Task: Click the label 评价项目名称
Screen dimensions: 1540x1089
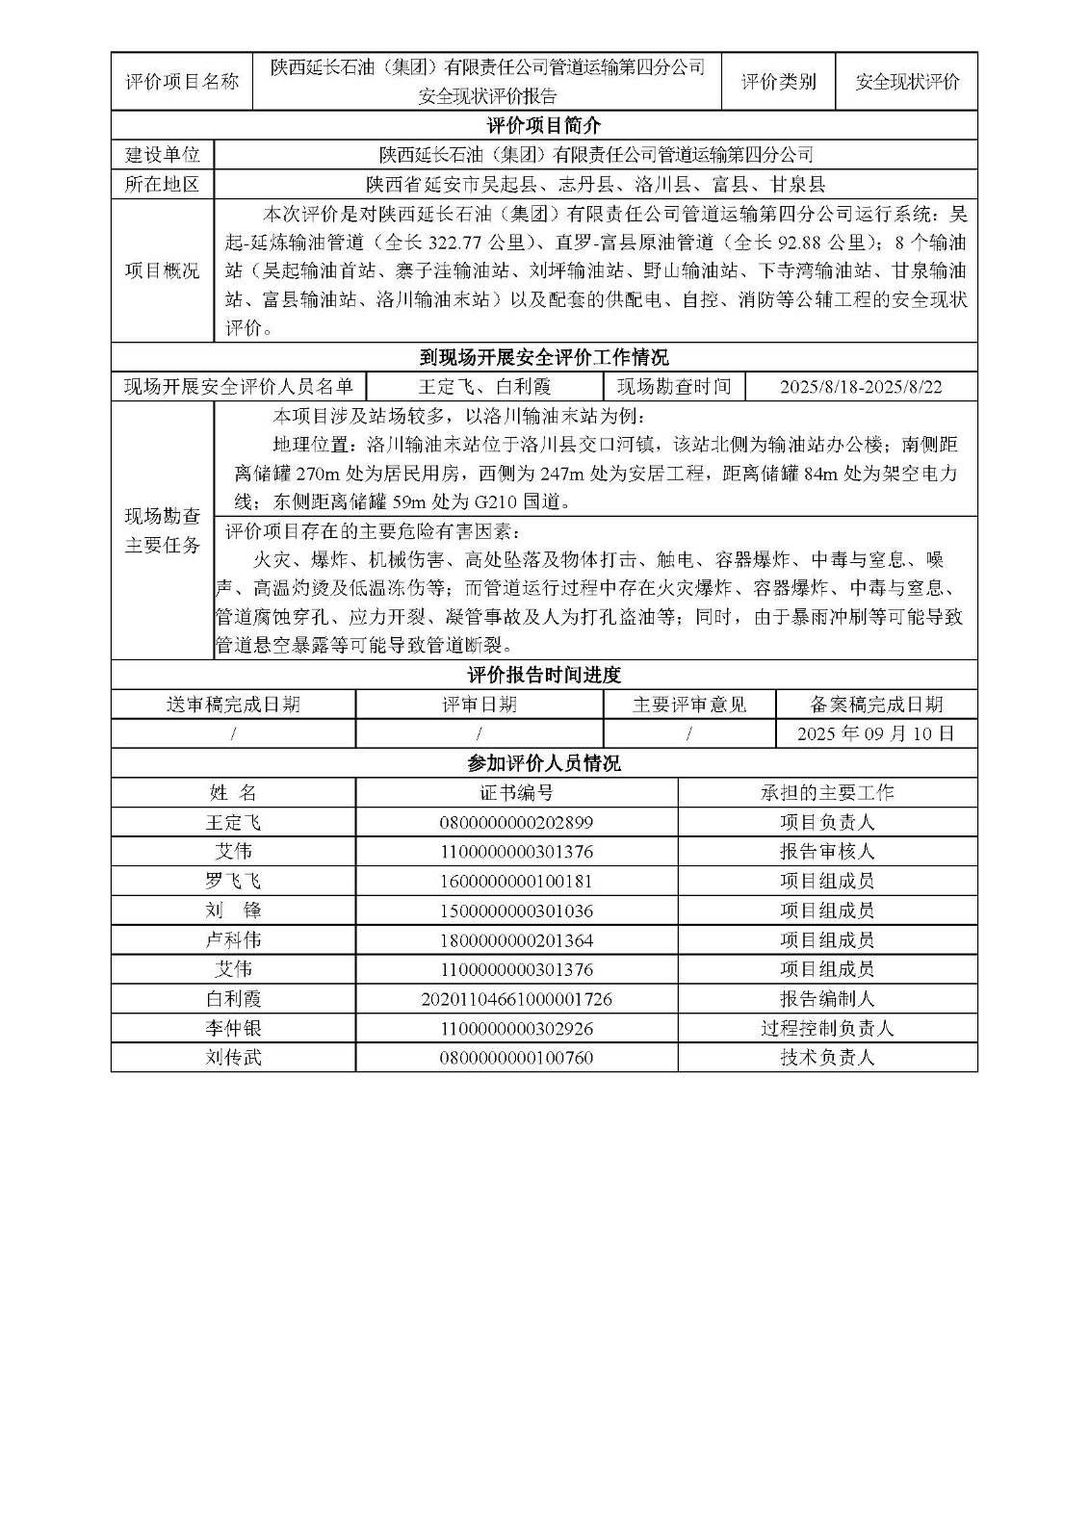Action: (x=182, y=82)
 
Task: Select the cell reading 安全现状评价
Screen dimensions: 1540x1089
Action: (x=907, y=82)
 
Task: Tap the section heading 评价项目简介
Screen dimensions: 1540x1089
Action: (x=543, y=125)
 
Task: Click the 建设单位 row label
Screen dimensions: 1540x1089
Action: (x=163, y=155)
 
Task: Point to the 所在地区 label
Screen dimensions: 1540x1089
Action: (x=163, y=185)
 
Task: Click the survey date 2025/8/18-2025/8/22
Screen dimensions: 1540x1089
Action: (x=861, y=387)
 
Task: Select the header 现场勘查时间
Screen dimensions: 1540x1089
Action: (x=674, y=387)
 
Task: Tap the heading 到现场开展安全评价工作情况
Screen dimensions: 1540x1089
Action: (x=543, y=358)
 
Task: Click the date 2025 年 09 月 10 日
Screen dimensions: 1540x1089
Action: (x=875, y=733)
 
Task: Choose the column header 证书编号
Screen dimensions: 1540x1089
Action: (x=516, y=793)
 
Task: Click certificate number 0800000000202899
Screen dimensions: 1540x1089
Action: (x=516, y=823)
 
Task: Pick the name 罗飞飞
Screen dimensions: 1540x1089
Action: (x=233, y=882)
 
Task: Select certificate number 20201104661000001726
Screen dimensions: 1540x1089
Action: (x=516, y=999)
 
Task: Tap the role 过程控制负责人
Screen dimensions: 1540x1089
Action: (x=827, y=1029)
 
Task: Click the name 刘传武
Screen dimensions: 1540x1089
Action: (x=233, y=1058)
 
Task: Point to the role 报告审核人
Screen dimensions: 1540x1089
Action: (x=827, y=852)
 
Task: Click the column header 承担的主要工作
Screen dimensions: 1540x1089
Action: (x=827, y=793)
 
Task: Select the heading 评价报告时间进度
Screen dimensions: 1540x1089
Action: (x=543, y=675)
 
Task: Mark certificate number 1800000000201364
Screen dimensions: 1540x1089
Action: (x=516, y=940)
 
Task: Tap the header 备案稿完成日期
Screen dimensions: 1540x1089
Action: (x=875, y=705)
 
